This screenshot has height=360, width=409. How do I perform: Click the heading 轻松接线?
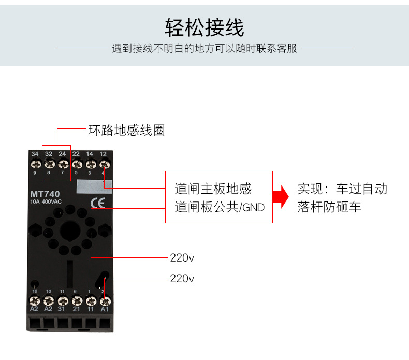(204, 26)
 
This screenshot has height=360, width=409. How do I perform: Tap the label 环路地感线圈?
(126, 131)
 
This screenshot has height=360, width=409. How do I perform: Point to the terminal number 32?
(49, 154)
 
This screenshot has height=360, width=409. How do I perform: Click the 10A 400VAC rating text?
(47, 202)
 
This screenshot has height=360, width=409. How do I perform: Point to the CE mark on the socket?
(97, 203)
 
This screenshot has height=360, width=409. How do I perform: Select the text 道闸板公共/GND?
(220, 208)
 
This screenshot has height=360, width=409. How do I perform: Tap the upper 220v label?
(182, 257)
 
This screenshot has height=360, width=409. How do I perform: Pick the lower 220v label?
(182, 279)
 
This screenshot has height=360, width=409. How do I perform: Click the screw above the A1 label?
(104, 300)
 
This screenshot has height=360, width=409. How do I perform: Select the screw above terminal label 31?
(63, 300)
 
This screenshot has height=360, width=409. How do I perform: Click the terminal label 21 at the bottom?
(76, 309)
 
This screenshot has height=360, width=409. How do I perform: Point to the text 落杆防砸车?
(329, 207)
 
